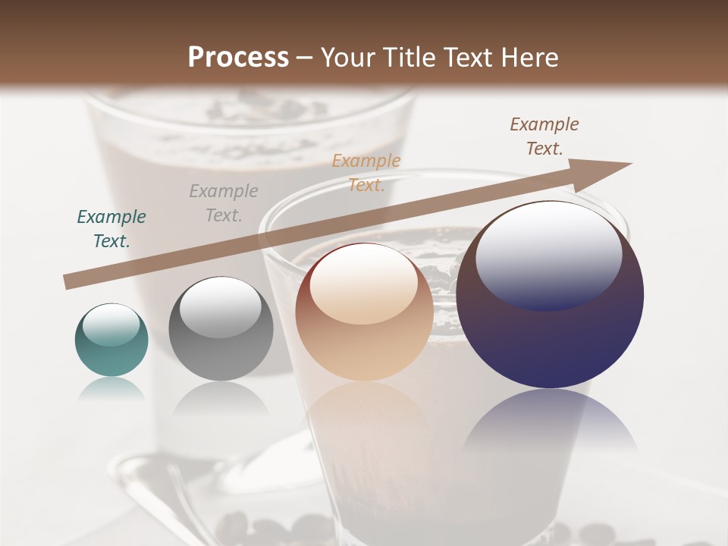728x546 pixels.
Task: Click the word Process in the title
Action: tap(238, 58)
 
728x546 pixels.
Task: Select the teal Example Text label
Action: tap(111, 229)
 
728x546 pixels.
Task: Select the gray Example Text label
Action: tap(224, 203)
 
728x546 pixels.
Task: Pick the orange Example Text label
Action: tap(366, 172)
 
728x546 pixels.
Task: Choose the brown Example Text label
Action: tap(544, 136)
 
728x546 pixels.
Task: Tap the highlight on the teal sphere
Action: tap(111, 324)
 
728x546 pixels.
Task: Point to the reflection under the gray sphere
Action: tap(221, 398)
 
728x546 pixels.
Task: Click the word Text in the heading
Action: tap(468, 58)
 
